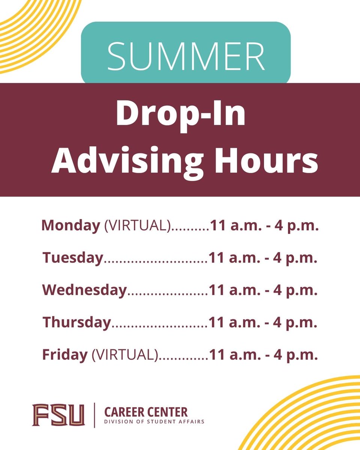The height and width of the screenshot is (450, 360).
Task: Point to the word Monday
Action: click(x=70, y=226)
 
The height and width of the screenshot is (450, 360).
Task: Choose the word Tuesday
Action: click(x=72, y=258)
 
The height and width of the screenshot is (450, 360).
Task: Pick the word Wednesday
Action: click(x=85, y=290)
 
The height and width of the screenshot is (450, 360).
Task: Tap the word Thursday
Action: click(x=77, y=322)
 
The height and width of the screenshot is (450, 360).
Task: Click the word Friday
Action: click(x=64, y=355)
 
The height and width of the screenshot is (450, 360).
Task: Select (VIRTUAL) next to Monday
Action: click(x=137, y=226)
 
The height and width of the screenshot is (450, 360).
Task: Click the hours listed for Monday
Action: click(x=264, y=226)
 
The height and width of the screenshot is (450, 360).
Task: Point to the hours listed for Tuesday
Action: click(x=263, y=258)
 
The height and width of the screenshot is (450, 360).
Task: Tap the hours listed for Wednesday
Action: click(x=263, y=291)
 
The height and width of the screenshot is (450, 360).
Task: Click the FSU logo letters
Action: click(x=58, y=415)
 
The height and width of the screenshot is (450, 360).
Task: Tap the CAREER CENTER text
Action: click(x=146, y=412)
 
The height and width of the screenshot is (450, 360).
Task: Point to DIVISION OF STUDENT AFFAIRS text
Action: click(x=154, y=421)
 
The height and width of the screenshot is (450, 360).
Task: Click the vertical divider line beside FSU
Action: click(x=94, y=415)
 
